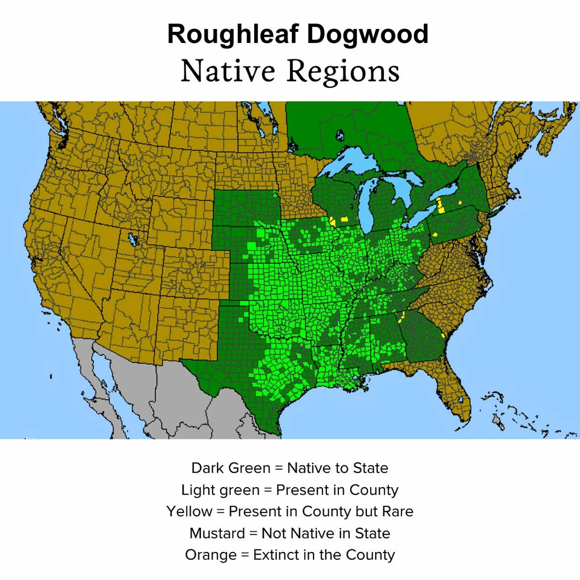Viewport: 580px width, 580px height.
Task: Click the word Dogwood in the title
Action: click(367, 35)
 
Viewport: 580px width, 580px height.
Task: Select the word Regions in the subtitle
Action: click(343, 71)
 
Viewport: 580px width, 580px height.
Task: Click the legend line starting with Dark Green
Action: click(290, 468)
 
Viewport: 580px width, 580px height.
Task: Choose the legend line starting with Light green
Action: click(290, 490)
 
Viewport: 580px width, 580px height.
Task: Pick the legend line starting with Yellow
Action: click(290, 511)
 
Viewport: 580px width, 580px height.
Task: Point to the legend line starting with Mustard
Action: click(290, 533)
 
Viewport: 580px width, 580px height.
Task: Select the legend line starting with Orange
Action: click(290, 555)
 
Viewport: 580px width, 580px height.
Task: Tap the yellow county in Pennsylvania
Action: click(435, 234)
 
